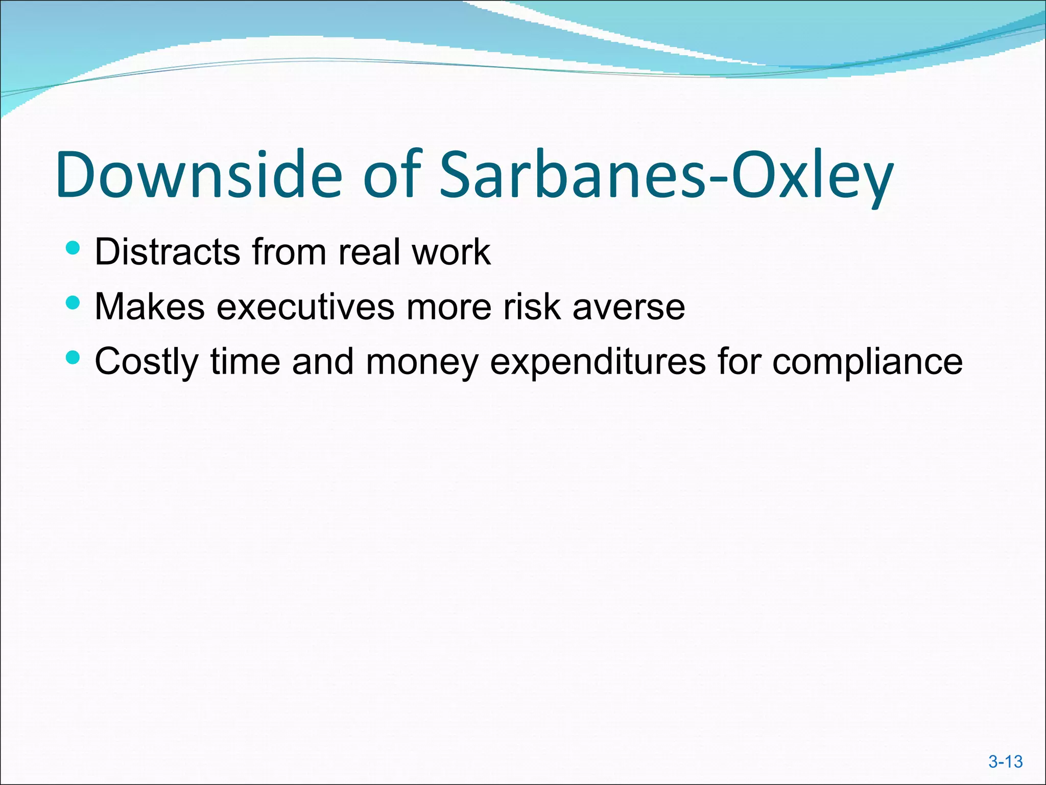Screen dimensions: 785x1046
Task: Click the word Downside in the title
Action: point(199,175)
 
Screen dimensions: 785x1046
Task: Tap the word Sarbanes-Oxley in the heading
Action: point(667,175)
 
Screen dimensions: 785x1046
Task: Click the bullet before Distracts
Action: point(74,248)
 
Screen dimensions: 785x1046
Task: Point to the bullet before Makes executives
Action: point(74,303)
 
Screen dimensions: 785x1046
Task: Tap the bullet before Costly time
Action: point(74,358)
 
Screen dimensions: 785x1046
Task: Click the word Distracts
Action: point(168,252)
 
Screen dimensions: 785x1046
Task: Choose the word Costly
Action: point(147,362)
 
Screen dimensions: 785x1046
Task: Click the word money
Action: point(422,362)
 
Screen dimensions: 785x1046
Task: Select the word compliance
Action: point(867,362)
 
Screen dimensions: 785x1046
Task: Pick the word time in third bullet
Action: point(246,362)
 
